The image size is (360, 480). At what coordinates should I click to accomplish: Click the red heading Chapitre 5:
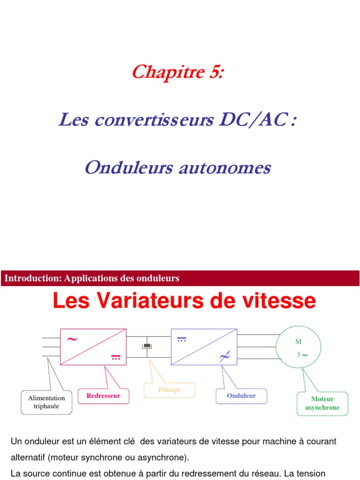pyautogui.click(x=178, y=72)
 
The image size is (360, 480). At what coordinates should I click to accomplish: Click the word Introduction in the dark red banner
pyautogui.click(x=32, y=278)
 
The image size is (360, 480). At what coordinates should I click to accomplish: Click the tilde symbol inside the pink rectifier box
pyautogui.click(x=72, y=339)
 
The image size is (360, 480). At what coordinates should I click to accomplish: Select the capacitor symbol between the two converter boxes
pyautogui.click(x=147, y=346)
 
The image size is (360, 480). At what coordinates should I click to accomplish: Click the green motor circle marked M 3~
pyautogui.click(x=299, y=347)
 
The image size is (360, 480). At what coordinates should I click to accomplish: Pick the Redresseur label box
pyautogui.click(x=103, y=396)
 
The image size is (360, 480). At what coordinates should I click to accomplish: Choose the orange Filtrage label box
pyautogui.click(x=169, y=390)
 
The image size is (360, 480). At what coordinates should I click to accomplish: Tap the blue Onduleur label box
pyautogui.click(x=241, y=396)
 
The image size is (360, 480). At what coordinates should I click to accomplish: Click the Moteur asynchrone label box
pyautogui.click(x=322, y=403)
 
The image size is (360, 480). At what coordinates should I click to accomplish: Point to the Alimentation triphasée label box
pyautogui.click(x=46, y=402)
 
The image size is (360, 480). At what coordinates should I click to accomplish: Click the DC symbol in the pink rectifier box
pyautogui.click(x=116, y=358)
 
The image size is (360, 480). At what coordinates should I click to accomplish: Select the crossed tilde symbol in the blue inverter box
pyautogui.click(x=224, y=357)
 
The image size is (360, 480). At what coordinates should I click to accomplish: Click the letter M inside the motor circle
pyautogui.click(x=298, y=341)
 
